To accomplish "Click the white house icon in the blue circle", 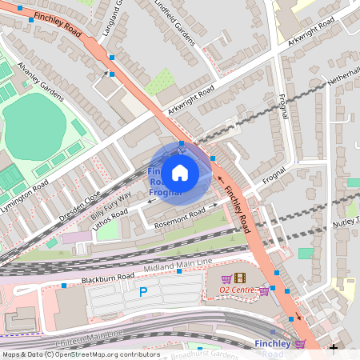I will click(180, 172).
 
